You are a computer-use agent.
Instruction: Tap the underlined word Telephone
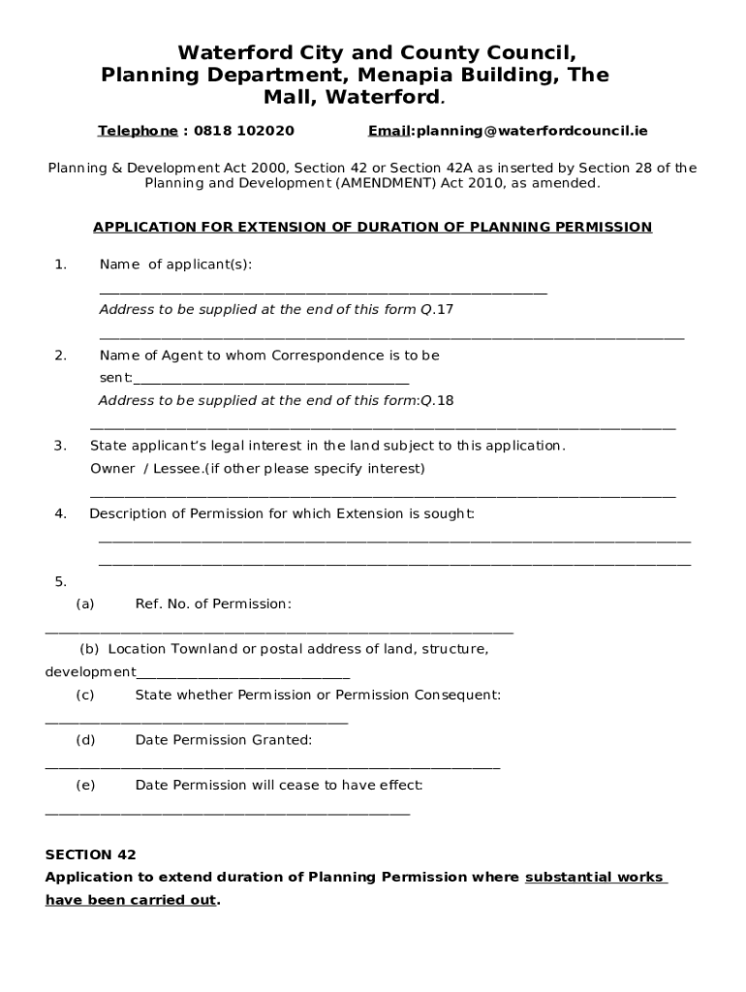click(x=138, y=131)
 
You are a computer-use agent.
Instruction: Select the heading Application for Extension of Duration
click(x=372, y=228)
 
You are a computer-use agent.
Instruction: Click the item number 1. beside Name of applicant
click(x=61, y=264)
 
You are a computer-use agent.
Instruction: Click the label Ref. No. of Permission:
click(x=213, y=604)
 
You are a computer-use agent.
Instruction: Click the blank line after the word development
click(x=242, y=675)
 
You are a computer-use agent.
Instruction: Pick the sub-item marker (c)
click(x=85, y=695)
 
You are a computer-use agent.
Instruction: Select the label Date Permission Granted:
click(x=224, y=740)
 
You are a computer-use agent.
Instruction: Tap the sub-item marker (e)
click(x=85, y=786)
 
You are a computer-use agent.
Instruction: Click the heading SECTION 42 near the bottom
click(x=91, y=854)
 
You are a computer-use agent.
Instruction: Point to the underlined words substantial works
click(x=594, y=878)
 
